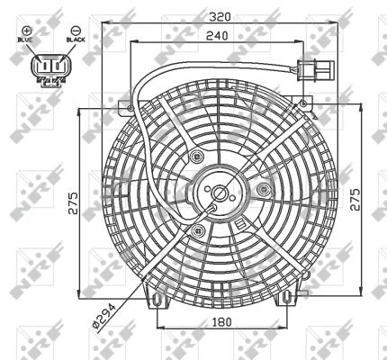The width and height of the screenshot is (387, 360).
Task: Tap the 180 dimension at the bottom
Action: click(x=222, y=322)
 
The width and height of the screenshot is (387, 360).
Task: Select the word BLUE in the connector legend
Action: click(x=26, y=40)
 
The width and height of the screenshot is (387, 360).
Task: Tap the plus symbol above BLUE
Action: click(x=26, y=30)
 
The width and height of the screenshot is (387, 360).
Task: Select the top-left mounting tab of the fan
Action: click(x=125, y=107)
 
